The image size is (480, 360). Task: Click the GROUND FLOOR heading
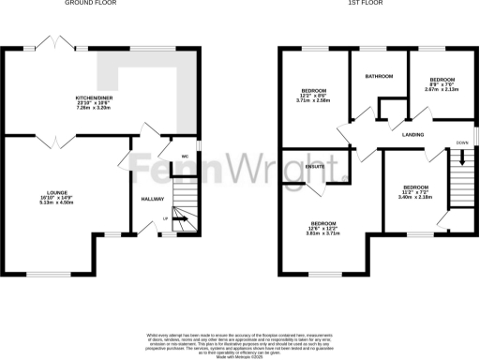click(84, 4)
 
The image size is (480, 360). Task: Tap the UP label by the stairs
click(166, 218)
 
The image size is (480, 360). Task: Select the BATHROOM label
click(379, 77)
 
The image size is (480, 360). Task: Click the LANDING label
click(412, 134)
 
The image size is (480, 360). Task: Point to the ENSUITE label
click(314, 167)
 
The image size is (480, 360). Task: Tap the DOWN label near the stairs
click(462, 142)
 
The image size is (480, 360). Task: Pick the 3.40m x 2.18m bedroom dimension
click(414, 197)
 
